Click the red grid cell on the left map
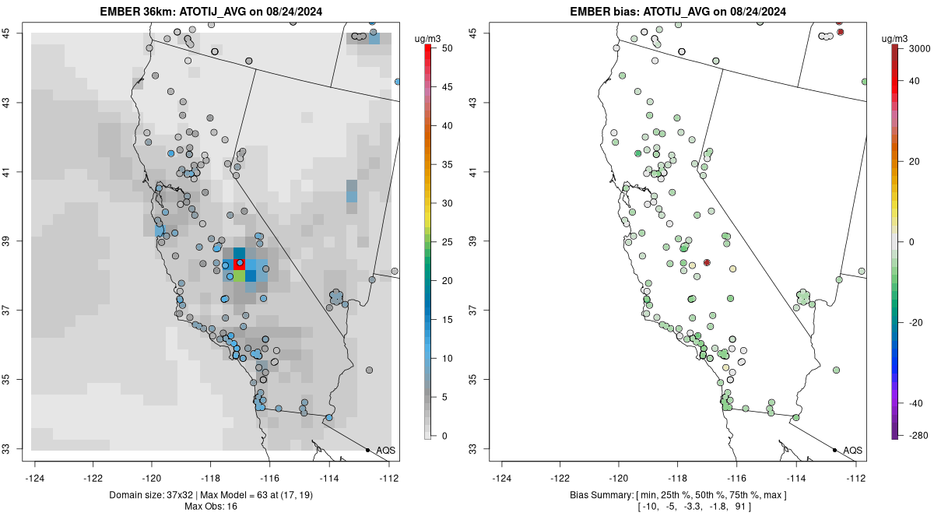[x=240, y=264]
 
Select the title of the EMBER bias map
[x=678, y=11]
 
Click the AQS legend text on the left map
[x=385, y=451]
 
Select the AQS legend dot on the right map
[x=834, y=450]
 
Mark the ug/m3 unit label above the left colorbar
[x=427, y=37]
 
